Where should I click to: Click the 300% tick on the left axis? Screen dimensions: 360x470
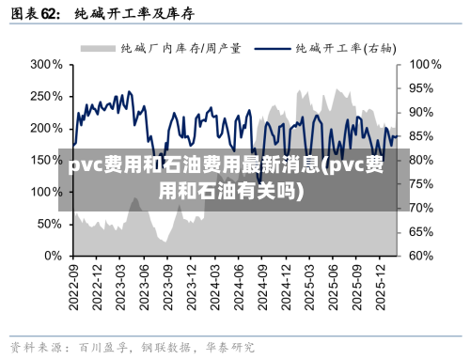[44, 65]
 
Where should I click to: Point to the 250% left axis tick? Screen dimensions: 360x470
[44, 97]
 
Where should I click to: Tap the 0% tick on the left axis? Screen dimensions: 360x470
[53, 256]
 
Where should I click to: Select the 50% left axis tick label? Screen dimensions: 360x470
[48, 224]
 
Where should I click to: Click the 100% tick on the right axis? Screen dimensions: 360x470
[424, 65]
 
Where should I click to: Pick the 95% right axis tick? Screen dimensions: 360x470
[421, 88]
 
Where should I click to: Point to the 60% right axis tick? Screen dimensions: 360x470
[421, 256]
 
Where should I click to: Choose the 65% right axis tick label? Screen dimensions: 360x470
[421, 231]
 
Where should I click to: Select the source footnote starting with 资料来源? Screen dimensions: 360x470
[132, 347]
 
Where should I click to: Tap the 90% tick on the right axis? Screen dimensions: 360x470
[421, 112]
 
